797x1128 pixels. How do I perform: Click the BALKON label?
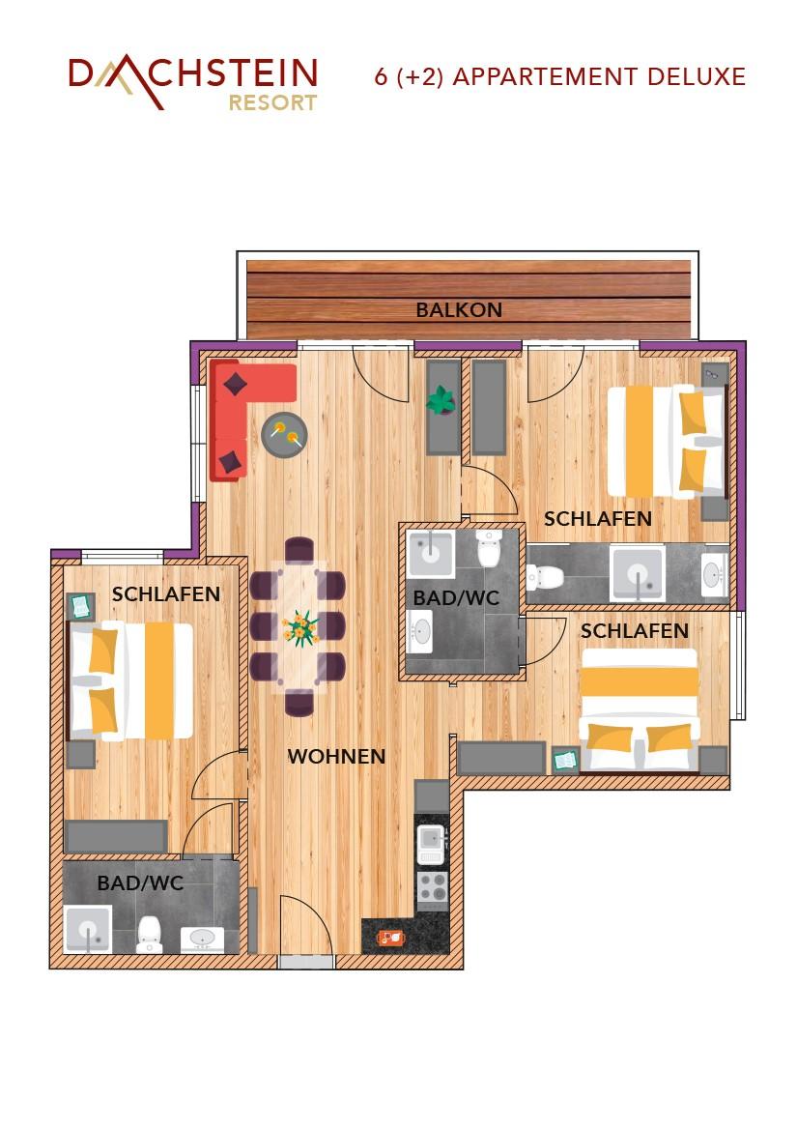pos(459,310)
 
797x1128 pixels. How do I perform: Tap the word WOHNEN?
pos(336,756)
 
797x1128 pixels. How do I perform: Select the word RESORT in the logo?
pos(272,102)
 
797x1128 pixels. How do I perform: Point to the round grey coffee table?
pos(284,435)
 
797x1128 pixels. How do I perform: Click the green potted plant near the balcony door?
pos(441,400)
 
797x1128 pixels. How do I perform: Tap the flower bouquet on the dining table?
pos(299,628)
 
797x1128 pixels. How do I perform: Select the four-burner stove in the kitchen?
pos(433,887)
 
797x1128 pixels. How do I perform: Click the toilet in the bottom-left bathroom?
pos(150,934)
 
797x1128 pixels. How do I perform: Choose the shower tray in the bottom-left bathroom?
pos(88,930)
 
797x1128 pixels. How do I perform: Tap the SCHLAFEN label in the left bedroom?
pos(166,594)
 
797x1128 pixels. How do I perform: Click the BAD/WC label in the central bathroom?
pos(456,597)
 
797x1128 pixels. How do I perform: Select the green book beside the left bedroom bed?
pos(80,606)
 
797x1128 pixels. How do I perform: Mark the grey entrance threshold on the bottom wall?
pos(305,962)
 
